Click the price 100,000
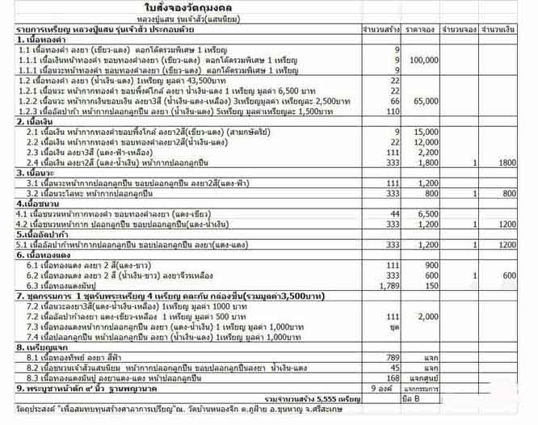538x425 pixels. click(x=425, y=60)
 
